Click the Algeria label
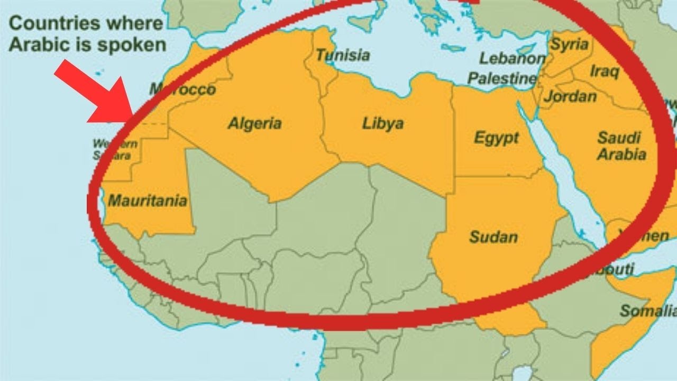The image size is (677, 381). [254, 124]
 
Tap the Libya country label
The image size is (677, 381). [383, 124]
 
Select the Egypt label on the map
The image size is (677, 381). [496, 139]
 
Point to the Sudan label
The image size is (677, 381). [493, 237]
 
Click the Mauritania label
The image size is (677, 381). [148, 201]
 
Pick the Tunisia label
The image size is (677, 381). [343, 55]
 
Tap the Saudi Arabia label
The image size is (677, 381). [621, 146]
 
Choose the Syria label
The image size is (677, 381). [569, 44]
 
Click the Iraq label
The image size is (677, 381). [604, 71]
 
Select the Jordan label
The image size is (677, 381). [570, 97]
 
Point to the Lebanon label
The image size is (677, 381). [512, 59]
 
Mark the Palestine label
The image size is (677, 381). [502, 79]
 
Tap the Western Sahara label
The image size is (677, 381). [115, 149]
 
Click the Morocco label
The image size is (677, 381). [182, 90]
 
